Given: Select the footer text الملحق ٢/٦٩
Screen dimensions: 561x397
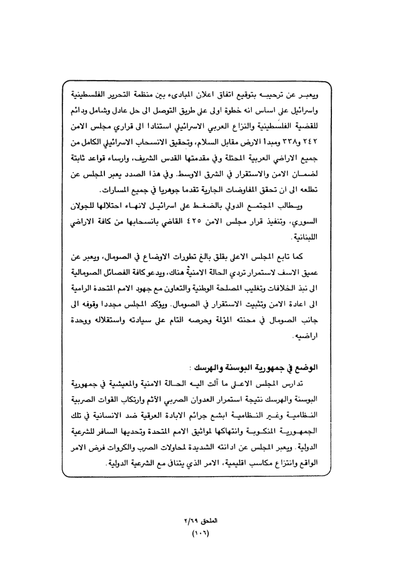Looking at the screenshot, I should (x=199, y=519).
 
